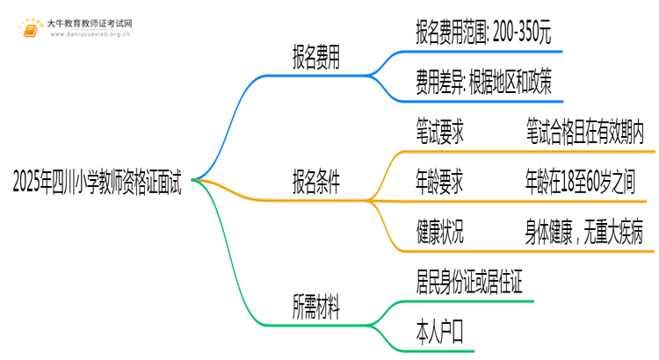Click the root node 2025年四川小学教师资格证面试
[98, 183]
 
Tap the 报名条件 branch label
[317, 183]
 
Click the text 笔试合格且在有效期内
[585, 133]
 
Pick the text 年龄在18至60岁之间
[585, 183]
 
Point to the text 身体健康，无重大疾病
[585, 233]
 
